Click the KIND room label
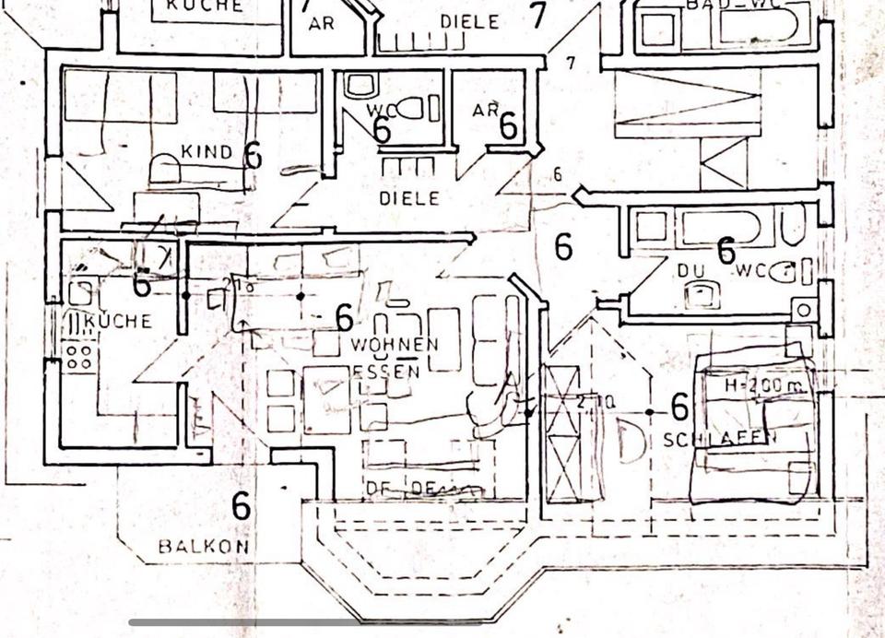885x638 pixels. tap(206, 152)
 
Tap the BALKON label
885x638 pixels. tap(204, 546)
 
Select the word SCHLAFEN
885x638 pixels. tap(714, 440)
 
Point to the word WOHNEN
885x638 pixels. tap(393, 345)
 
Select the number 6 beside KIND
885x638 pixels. tap(253, 155)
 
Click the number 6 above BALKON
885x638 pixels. tap(241, 505)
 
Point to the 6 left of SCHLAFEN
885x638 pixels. tap(679, 406)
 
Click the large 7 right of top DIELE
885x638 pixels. tap(538, 16)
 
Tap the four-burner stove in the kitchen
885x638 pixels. tap(78, 356)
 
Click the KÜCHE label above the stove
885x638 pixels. tap(117, 322)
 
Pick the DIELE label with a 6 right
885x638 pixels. tap(409, 197)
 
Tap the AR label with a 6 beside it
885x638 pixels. tap(484, 111)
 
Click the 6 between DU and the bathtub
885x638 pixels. tap(726, 250)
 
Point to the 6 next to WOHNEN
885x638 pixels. tap(344, 318)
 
